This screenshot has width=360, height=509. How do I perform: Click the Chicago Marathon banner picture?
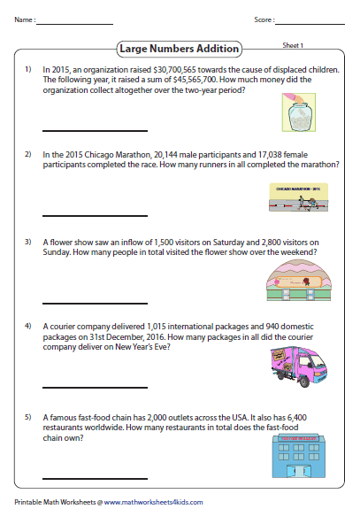[x=298, y=197]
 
